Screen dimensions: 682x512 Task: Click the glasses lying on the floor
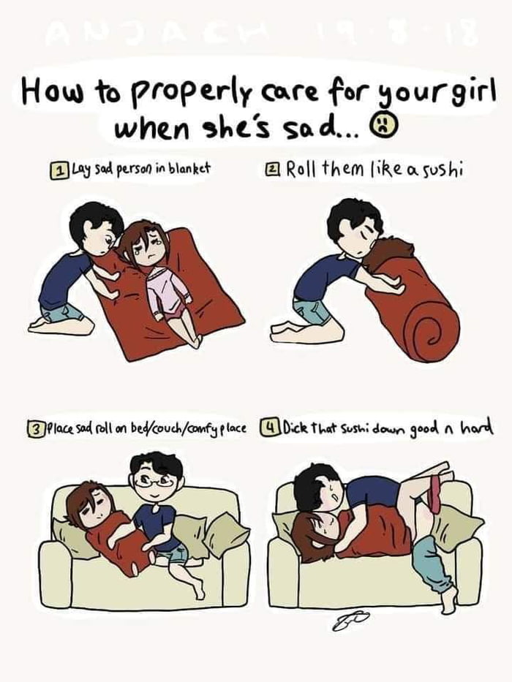[352, 621]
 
